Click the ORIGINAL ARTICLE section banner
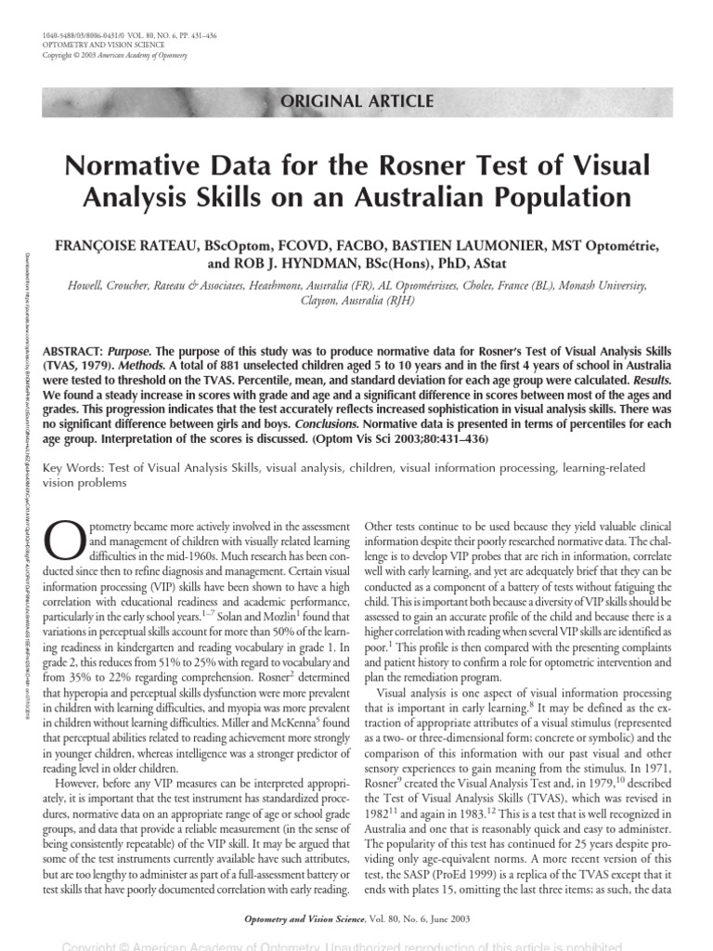(356, 101)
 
